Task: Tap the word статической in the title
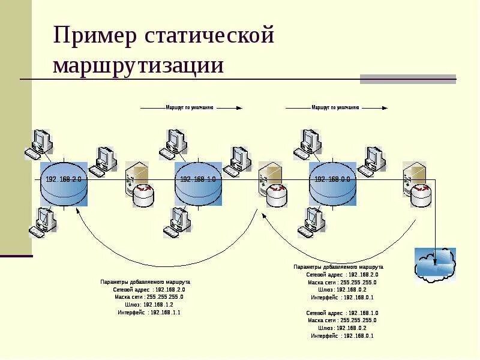tap(209, 36)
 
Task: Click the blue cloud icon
tap(435, 264)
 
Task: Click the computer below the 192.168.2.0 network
tap(44, 221)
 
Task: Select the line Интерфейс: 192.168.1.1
tap(149, 313)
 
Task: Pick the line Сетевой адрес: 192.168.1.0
tap(342, 313)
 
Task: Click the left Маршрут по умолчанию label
tap(190, 108)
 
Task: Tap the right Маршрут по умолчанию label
tap(335, 108)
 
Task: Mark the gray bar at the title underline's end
tap(407, 79)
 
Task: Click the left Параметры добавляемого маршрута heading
tap(145, 281)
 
